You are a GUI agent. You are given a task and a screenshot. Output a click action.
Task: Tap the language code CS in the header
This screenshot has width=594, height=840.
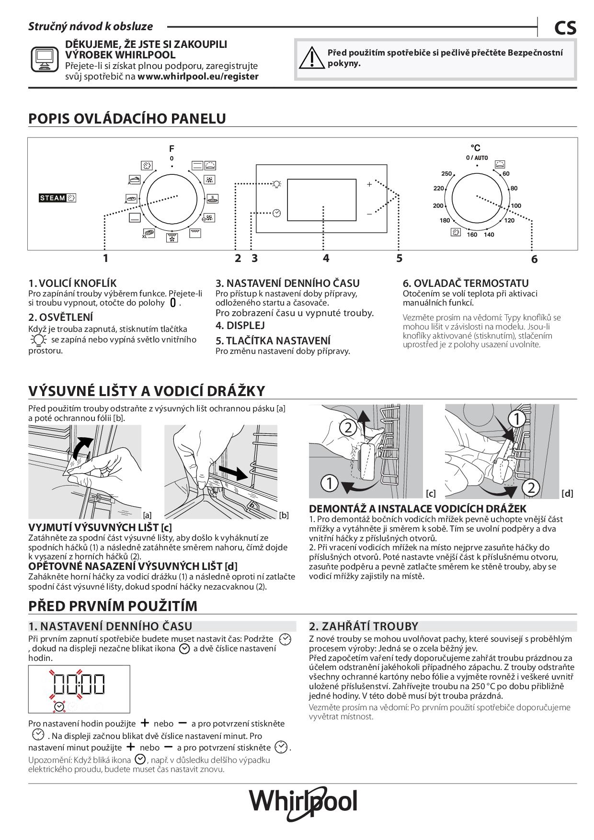pyautogui.click(x=565, y=28)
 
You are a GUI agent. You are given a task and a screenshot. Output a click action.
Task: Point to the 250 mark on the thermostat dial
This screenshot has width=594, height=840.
pyautogui.click(x=446, y=174)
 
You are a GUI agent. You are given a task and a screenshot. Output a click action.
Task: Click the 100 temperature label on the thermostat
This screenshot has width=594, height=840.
pyautogui.click(x=515, y=206)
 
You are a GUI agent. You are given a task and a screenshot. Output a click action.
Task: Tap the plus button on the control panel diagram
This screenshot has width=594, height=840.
pyautogui.click(x=369, y=184)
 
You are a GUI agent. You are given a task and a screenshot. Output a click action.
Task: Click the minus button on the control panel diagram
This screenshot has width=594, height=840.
pyautogui.click(x=369, y=214)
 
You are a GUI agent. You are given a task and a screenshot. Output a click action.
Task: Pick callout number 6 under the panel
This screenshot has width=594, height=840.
pyautogui.click(x=534, y=260)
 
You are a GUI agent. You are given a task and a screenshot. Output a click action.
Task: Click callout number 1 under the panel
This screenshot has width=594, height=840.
pyautogui.click(x=105, y=259)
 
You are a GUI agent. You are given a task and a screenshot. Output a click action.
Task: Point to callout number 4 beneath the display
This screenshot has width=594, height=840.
pyautogui.click(x=326, y=259)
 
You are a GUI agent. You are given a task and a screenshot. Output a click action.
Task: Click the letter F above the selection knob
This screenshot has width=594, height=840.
pyautogui.click(x=171, y=148)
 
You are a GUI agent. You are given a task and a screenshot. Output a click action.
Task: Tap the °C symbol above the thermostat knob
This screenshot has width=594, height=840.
pyautogui.click(x=475, y=148)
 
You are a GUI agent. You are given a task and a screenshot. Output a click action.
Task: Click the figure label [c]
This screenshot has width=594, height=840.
pyautogui.click(x=431, y=493)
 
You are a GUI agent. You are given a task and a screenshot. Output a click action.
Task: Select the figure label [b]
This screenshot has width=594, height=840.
pyautogui.click(x=284, y=515)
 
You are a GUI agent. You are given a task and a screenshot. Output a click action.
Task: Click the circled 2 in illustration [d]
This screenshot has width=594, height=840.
pyautogui.click(x=531, y=488)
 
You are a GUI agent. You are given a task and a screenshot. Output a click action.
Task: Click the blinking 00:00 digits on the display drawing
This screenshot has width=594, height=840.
pyautogui.click(x=79, y=684)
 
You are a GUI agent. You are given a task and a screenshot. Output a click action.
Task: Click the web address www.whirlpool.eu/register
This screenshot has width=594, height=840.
pyautogui.click(x=198, y=76)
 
